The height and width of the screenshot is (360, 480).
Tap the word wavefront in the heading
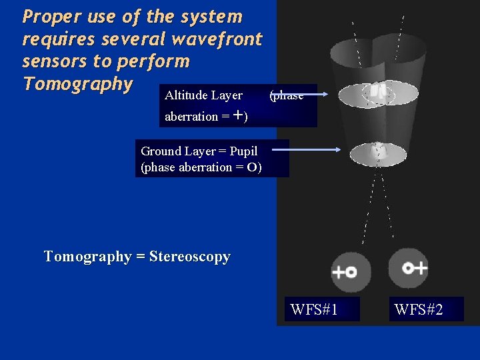click(217, 39)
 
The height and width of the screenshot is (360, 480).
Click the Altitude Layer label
click(203, 95)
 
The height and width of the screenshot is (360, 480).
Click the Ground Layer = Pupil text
click(199, 151)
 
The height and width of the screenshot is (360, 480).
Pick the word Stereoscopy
click(190, 257)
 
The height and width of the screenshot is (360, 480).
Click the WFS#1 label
click(314, 309)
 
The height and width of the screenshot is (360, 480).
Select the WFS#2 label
click(418, 309)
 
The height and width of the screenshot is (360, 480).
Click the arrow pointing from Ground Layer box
click(307, 150)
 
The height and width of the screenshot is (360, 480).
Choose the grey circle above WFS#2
click(408, 268)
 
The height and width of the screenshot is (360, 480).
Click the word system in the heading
click(210, 16)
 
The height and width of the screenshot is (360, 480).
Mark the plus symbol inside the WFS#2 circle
click(419, 268)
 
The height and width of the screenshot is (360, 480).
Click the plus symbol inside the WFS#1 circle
click(338, 272)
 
